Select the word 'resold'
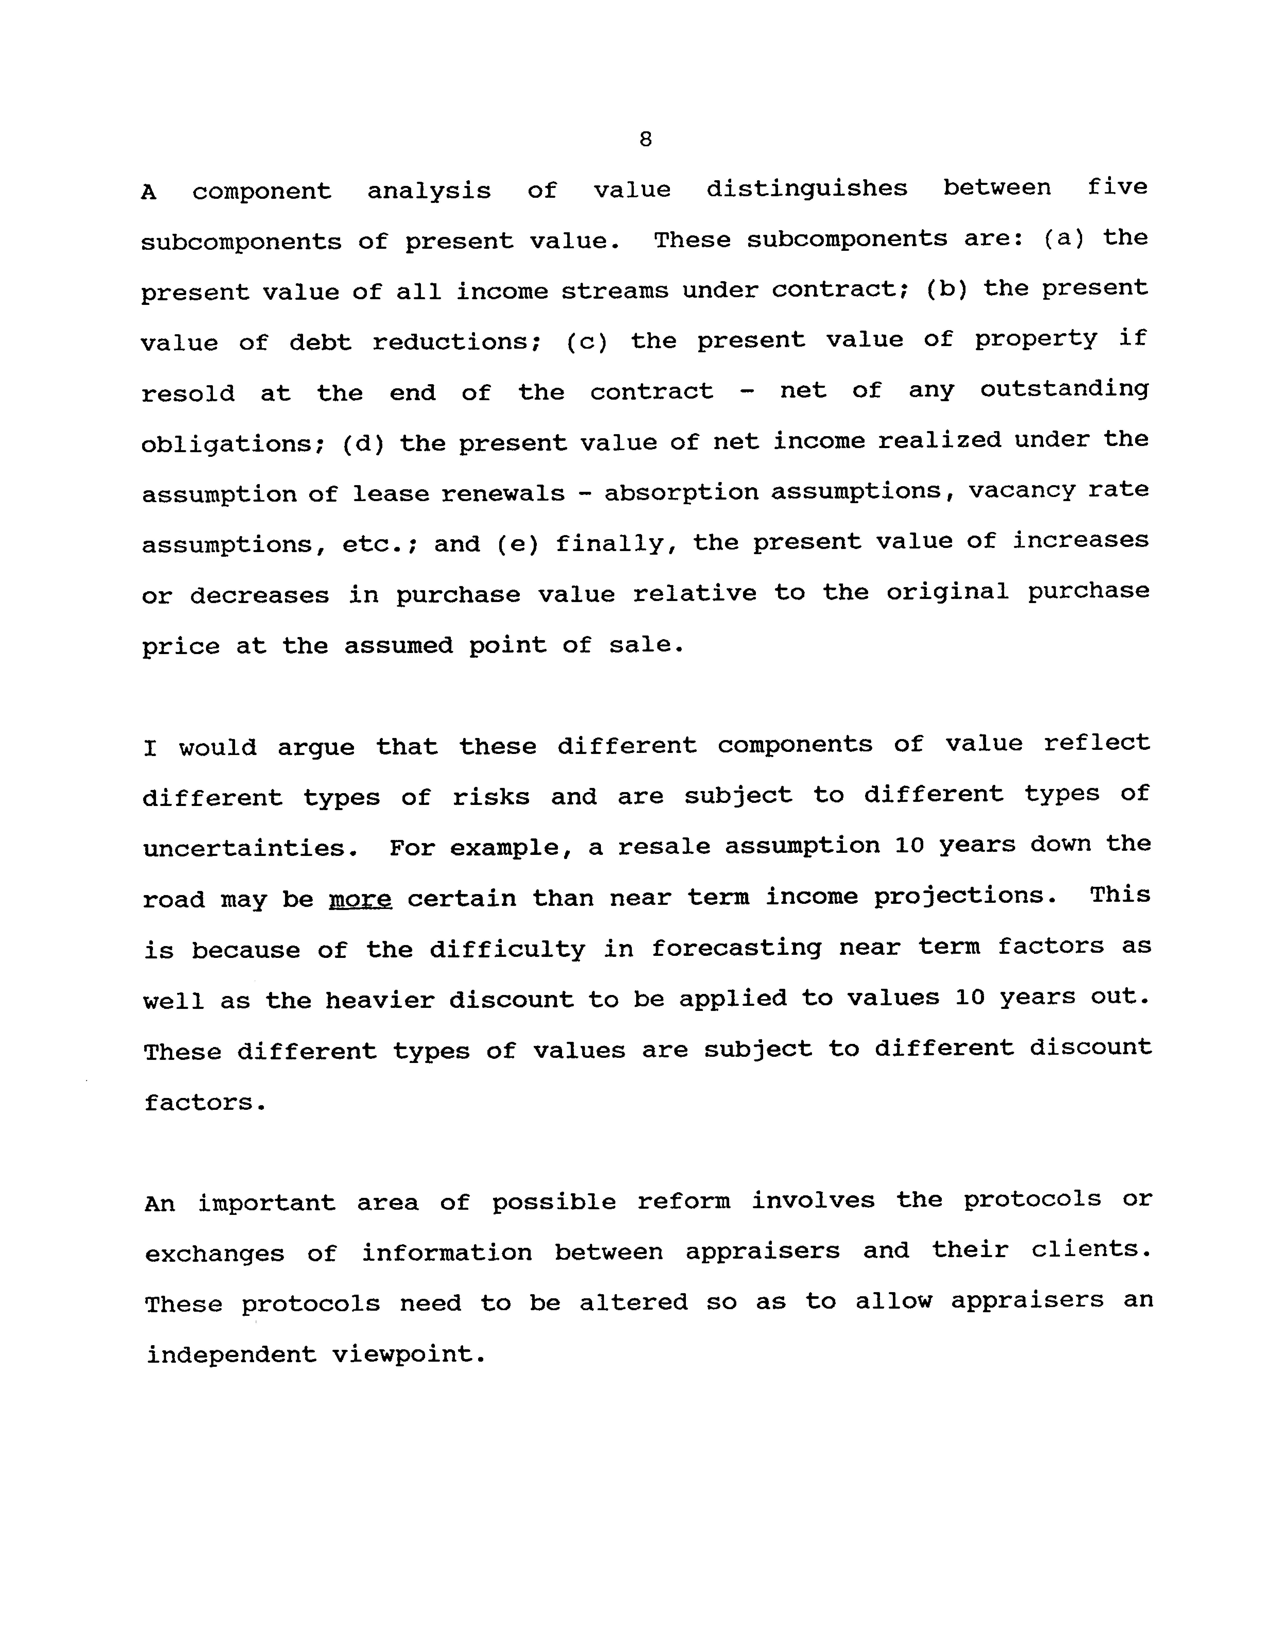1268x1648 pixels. (x=188, y=393)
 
